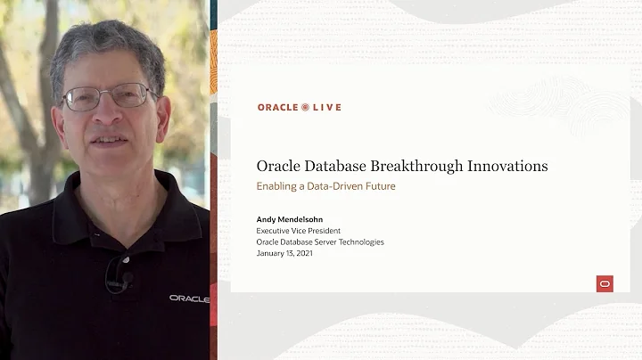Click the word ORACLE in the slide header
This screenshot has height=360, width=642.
277,107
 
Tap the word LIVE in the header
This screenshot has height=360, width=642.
326,107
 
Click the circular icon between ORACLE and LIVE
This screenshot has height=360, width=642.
305,107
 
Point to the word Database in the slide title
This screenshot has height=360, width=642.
345,166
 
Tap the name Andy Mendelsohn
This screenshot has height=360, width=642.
291,219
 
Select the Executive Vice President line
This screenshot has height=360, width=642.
299,231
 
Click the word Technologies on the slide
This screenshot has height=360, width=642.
359,242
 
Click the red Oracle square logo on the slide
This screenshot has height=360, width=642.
605,283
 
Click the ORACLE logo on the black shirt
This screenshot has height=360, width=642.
189,298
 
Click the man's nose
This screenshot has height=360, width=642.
112,116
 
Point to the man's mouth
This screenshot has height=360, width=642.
111,140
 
